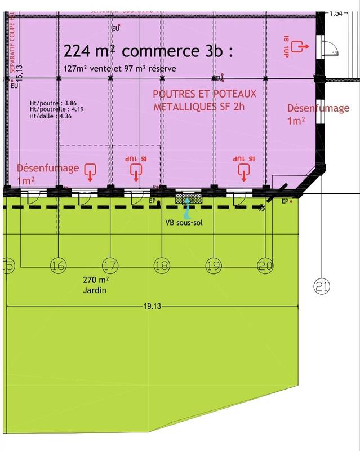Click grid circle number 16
58,265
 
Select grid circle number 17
110,265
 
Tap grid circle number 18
162,265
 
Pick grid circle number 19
214,265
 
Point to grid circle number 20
265,265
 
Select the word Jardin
94,291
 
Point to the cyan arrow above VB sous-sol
188,211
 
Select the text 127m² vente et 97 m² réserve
120,69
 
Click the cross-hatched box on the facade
189,197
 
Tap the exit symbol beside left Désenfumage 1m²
90,171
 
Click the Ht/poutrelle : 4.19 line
56,110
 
